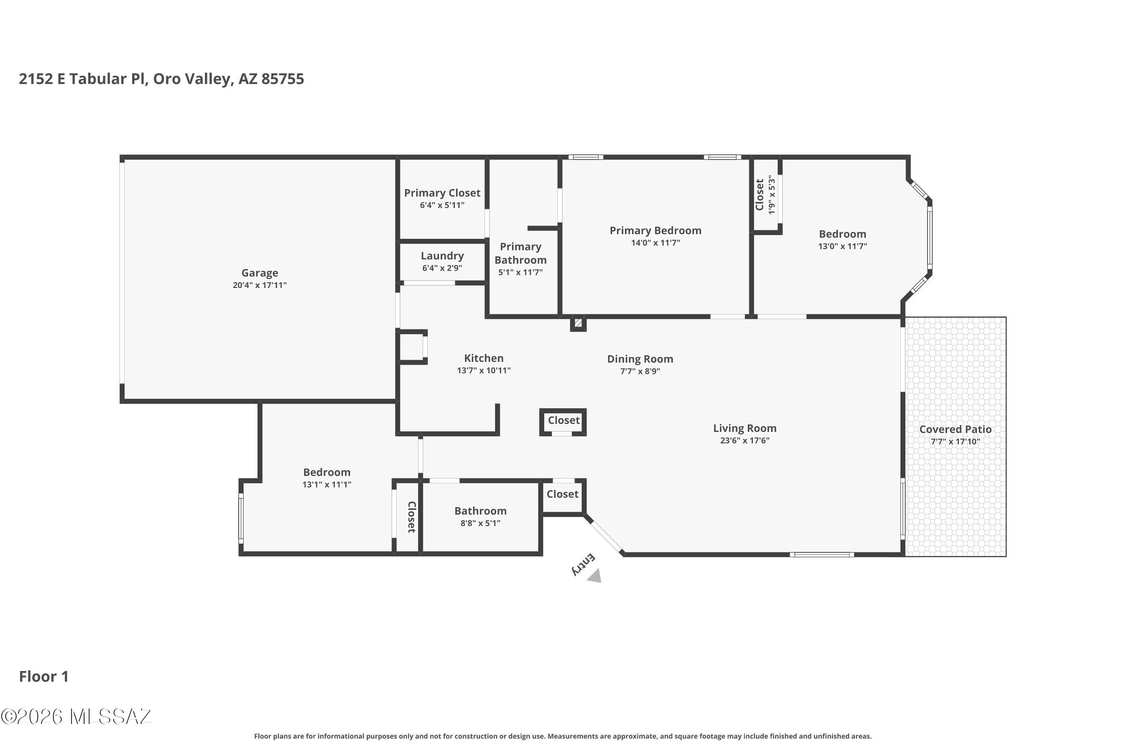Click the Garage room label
(x=259, y=273)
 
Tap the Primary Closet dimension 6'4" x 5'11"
(x=442, y=205)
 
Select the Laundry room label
(x=442, y=256)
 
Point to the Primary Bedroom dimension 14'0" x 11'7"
(x=655, y=243)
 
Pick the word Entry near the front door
(x=584, y=565)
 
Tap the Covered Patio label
(x=955, y=430)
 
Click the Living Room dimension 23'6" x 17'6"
(x=744, y=440)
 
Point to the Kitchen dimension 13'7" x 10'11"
(x=483, y=371)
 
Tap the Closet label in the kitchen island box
(x=563, y=421)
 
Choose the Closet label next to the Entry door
(x=563, y=494)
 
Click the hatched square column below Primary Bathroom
(x=578, y=323)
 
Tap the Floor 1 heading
(x=44, y=676)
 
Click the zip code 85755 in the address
(x=283, y=79)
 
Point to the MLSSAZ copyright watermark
(x=77, y=716)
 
